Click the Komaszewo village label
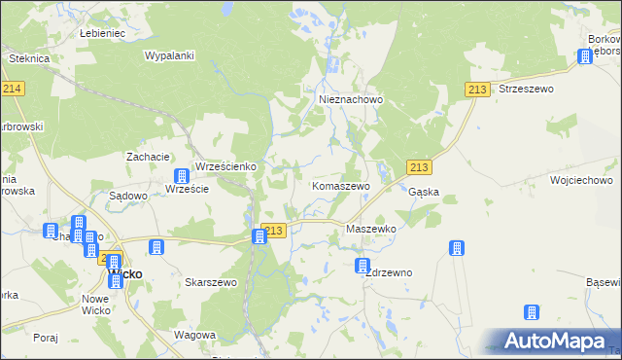click(x=340, y=185)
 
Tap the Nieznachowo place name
click(x=352, y=99)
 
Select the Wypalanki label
click(x=170, y=55)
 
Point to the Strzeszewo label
click(x=525, y=89)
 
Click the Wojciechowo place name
click(x=580, y=181)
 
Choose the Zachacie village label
click(x=149, y=157)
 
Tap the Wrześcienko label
click(x=225, y=166)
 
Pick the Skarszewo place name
click(x=211, y=282)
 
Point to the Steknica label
click(x=29, y=58)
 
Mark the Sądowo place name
click(x=127, y=196)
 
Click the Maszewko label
click(x=371, y=229)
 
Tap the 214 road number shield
click(x=13, y=89)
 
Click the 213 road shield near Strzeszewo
click(x=476, y=90)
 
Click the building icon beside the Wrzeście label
click(x=181, y=176)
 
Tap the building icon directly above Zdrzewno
click(x=363, y=265)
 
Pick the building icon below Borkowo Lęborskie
click(x=585, y=56)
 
